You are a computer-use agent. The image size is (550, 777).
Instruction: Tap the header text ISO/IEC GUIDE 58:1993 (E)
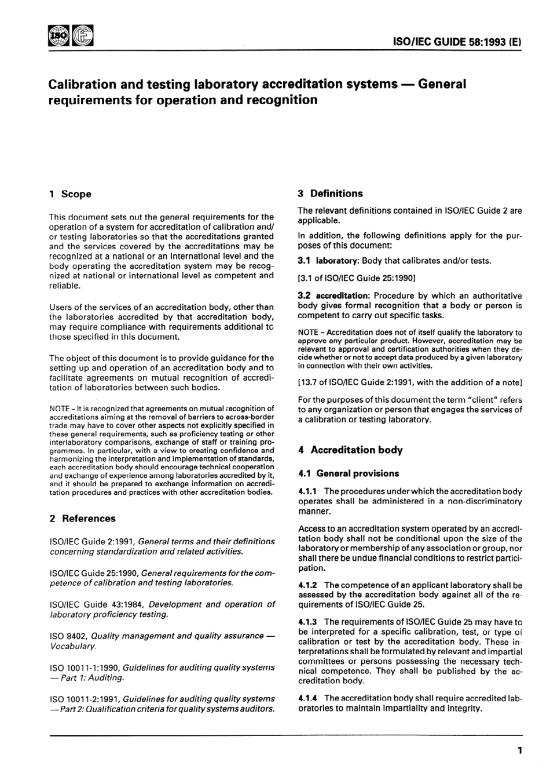point(457,42)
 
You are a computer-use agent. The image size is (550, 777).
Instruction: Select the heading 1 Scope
point(70,194)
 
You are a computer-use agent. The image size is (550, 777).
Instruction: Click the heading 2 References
point(82,519)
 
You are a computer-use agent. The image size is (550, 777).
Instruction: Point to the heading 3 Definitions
point(330,194)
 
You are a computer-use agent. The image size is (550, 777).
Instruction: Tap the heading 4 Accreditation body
point(350,450)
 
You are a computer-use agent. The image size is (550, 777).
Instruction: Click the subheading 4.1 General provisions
point(349,473)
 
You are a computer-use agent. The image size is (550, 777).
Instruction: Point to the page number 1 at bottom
point(519,751)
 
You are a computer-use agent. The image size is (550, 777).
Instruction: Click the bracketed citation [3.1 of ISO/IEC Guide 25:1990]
point(357,278)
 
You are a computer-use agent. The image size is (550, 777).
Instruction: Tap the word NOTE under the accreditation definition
point(307,333)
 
